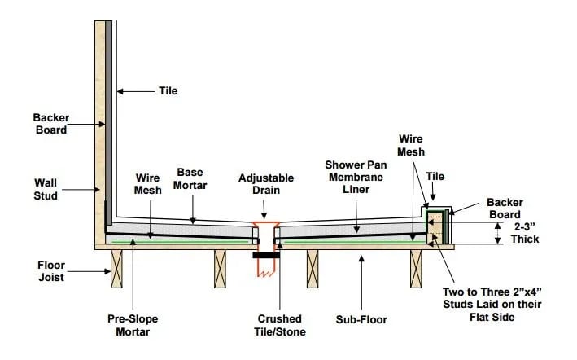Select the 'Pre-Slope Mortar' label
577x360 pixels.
(133, 326)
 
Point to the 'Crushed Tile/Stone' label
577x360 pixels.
(278, 325)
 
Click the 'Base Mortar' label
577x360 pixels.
(190, 178)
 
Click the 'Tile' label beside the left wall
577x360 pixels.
(168, 90)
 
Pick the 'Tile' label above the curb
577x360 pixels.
(435, 176)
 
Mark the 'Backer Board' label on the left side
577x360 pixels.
(50, 123)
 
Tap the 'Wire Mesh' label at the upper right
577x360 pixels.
(412, 146)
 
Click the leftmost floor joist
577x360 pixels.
(116, 268)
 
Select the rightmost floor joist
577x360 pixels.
(417, 268)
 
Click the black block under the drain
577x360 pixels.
(266, 255)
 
